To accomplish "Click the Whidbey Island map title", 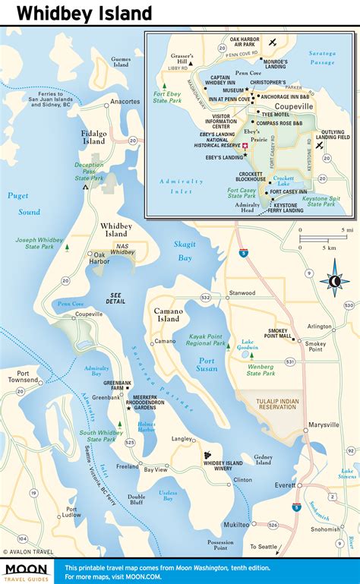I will pyautogui.click(x=84, y=13).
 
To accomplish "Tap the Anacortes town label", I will pyautogui.click(x=125, y=101).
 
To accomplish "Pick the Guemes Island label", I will pyautogui.click(x=122, y=62).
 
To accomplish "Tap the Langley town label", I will pyautogui.click(x=182, y=439).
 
